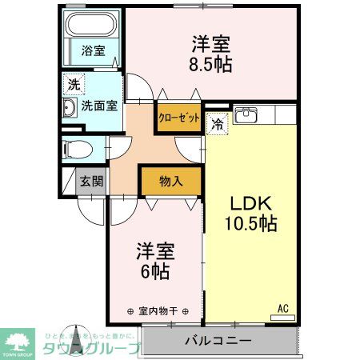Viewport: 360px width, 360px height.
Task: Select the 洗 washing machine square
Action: pos(73,84)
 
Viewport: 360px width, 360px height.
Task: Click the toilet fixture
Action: pos(77,149)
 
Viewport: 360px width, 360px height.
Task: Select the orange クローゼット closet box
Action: pos(178,117)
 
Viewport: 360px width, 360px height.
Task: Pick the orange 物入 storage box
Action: pos(170,181)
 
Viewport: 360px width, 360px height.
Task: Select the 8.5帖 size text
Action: pos(211,64)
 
